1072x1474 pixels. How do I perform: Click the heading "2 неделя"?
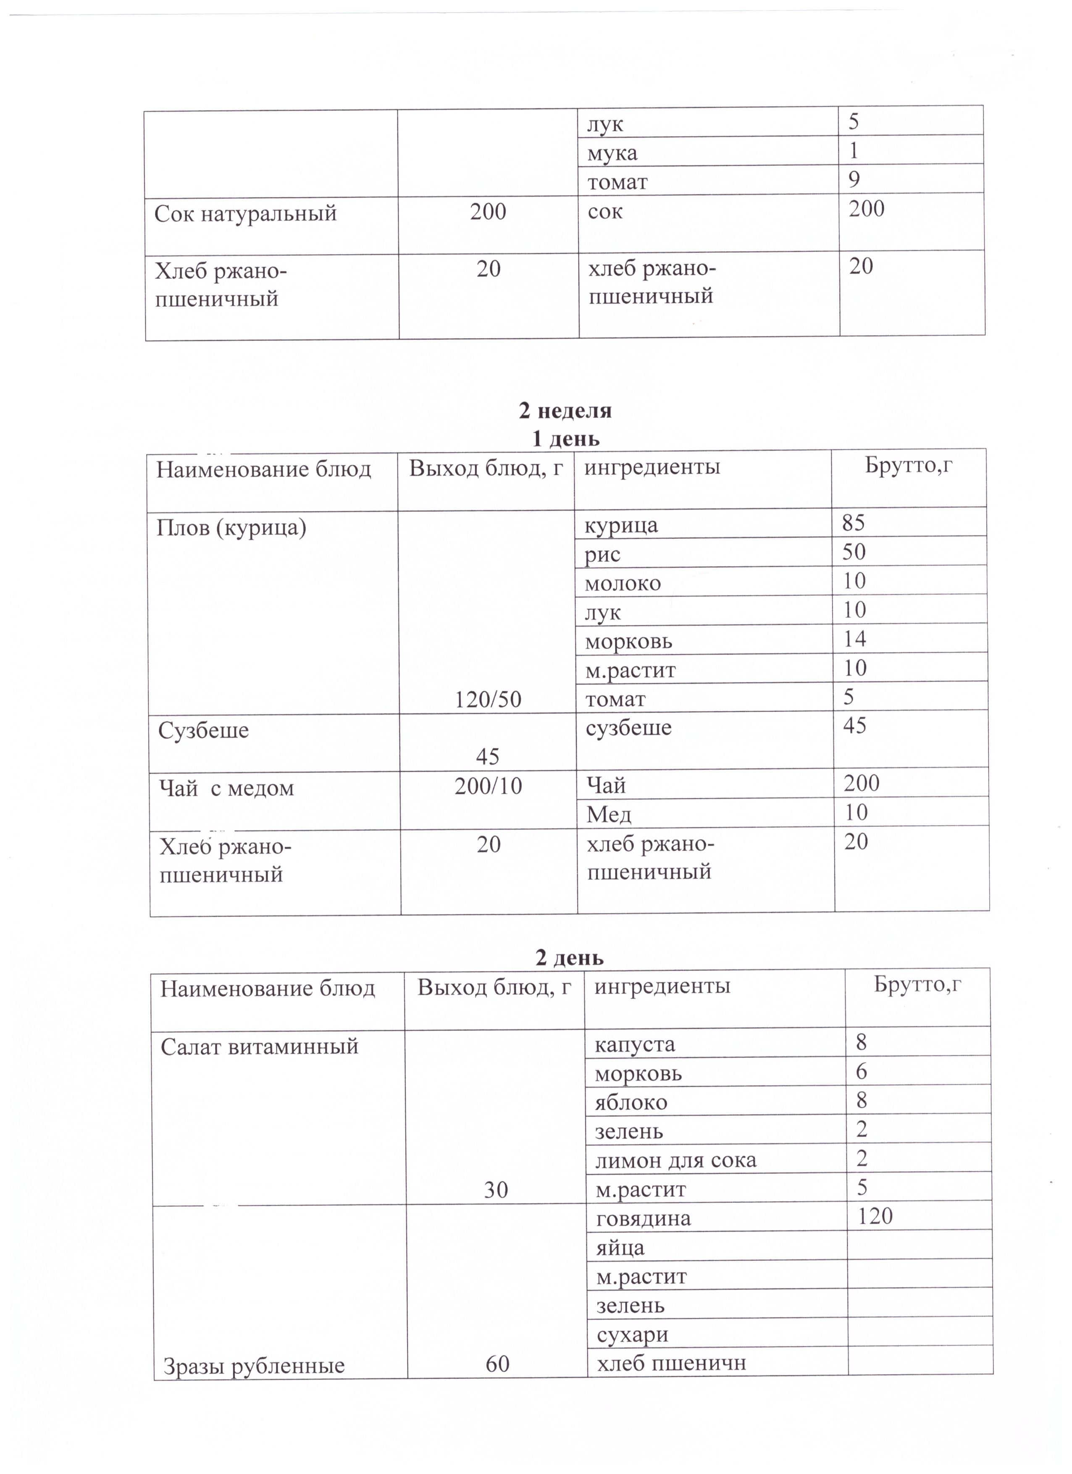[565, 411]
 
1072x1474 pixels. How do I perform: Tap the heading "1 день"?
[565, 439]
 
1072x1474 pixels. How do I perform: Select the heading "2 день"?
[570, 957]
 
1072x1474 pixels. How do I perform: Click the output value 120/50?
[488, 699]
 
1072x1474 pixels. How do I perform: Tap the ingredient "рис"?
[603, 554]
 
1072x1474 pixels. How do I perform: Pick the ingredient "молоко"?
[623, 583]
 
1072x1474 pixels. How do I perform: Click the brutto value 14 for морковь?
[854, 638]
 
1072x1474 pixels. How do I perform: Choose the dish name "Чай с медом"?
[227, 788]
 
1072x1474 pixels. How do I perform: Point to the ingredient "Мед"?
[609, 814]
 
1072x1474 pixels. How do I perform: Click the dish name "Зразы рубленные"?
[254, 1366]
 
